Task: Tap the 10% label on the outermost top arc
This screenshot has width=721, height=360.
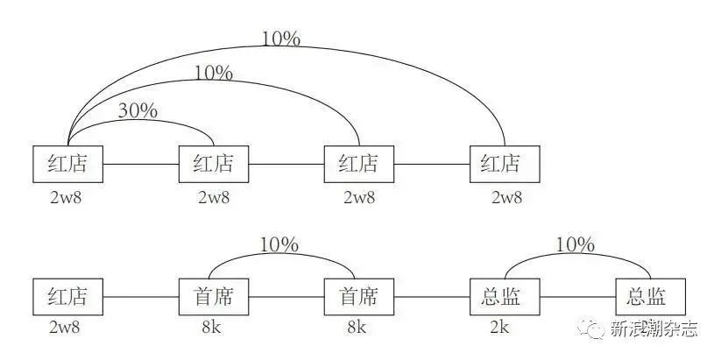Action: [x=280, y=39]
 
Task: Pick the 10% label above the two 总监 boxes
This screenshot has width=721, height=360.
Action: [x=575, y=244]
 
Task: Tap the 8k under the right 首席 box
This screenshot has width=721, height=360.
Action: [x=357, y=328]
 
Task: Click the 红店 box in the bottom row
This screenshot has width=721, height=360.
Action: [x=67, y=297]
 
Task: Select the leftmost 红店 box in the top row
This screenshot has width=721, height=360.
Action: [x=67, y=164]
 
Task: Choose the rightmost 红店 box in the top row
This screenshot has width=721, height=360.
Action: [x=505, y=164]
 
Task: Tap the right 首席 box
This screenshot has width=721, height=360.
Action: [x=357, y=297]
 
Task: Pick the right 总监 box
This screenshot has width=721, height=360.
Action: [x=649, y=297]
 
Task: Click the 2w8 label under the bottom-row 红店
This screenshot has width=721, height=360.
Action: [x=67, y=328]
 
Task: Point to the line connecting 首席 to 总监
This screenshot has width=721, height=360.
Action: [x=431, y=298]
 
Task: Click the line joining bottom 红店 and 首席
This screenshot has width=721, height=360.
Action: [x=140, y=298]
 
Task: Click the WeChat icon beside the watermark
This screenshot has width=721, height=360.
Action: [x=596, y=329]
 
